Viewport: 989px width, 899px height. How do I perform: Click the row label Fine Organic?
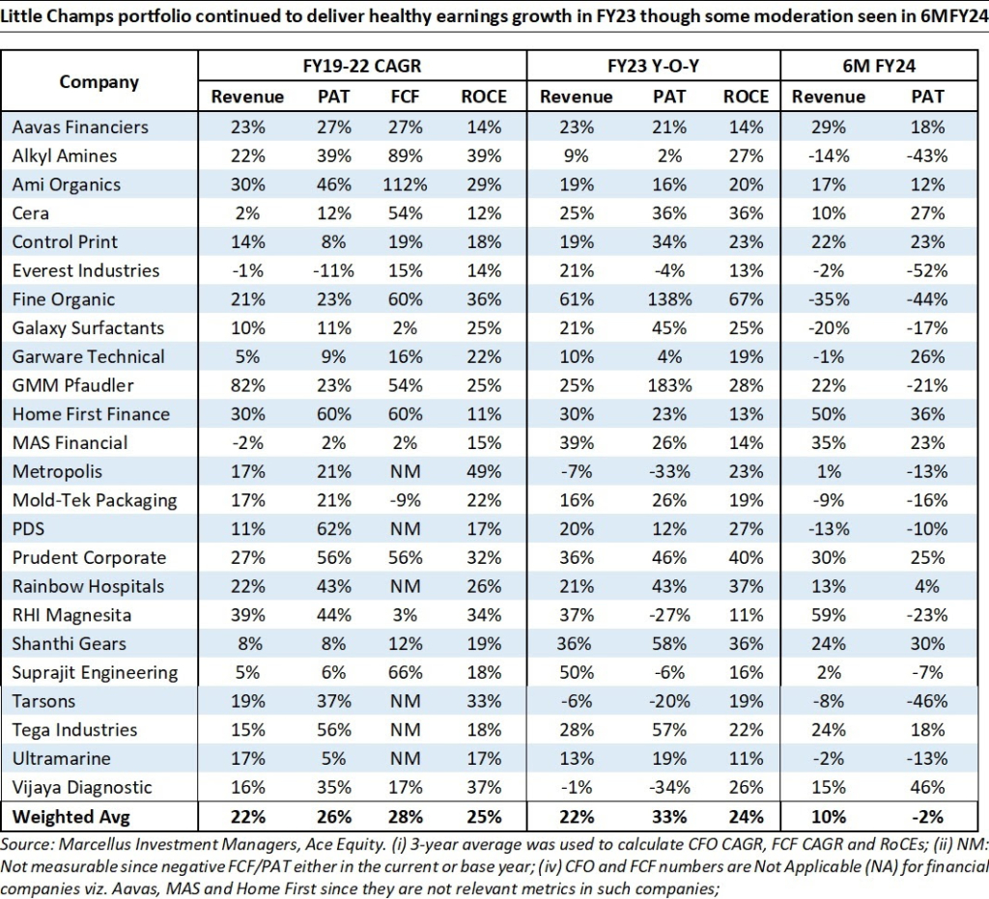pyautogui.click(x=64, y=299)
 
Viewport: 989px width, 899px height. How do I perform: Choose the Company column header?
pyautogui.click(x=99, y=81)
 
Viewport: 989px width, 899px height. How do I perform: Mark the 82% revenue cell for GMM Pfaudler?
pyautogui.click(x=247, y=385)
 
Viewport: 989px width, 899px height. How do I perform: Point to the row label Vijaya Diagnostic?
pyautogui.click(x=83, y=787)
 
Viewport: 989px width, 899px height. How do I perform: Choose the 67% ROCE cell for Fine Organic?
pyautogui.click(x=746, y=299)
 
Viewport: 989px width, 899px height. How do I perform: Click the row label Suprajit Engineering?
pyautogui.click(x=95, y=672)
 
